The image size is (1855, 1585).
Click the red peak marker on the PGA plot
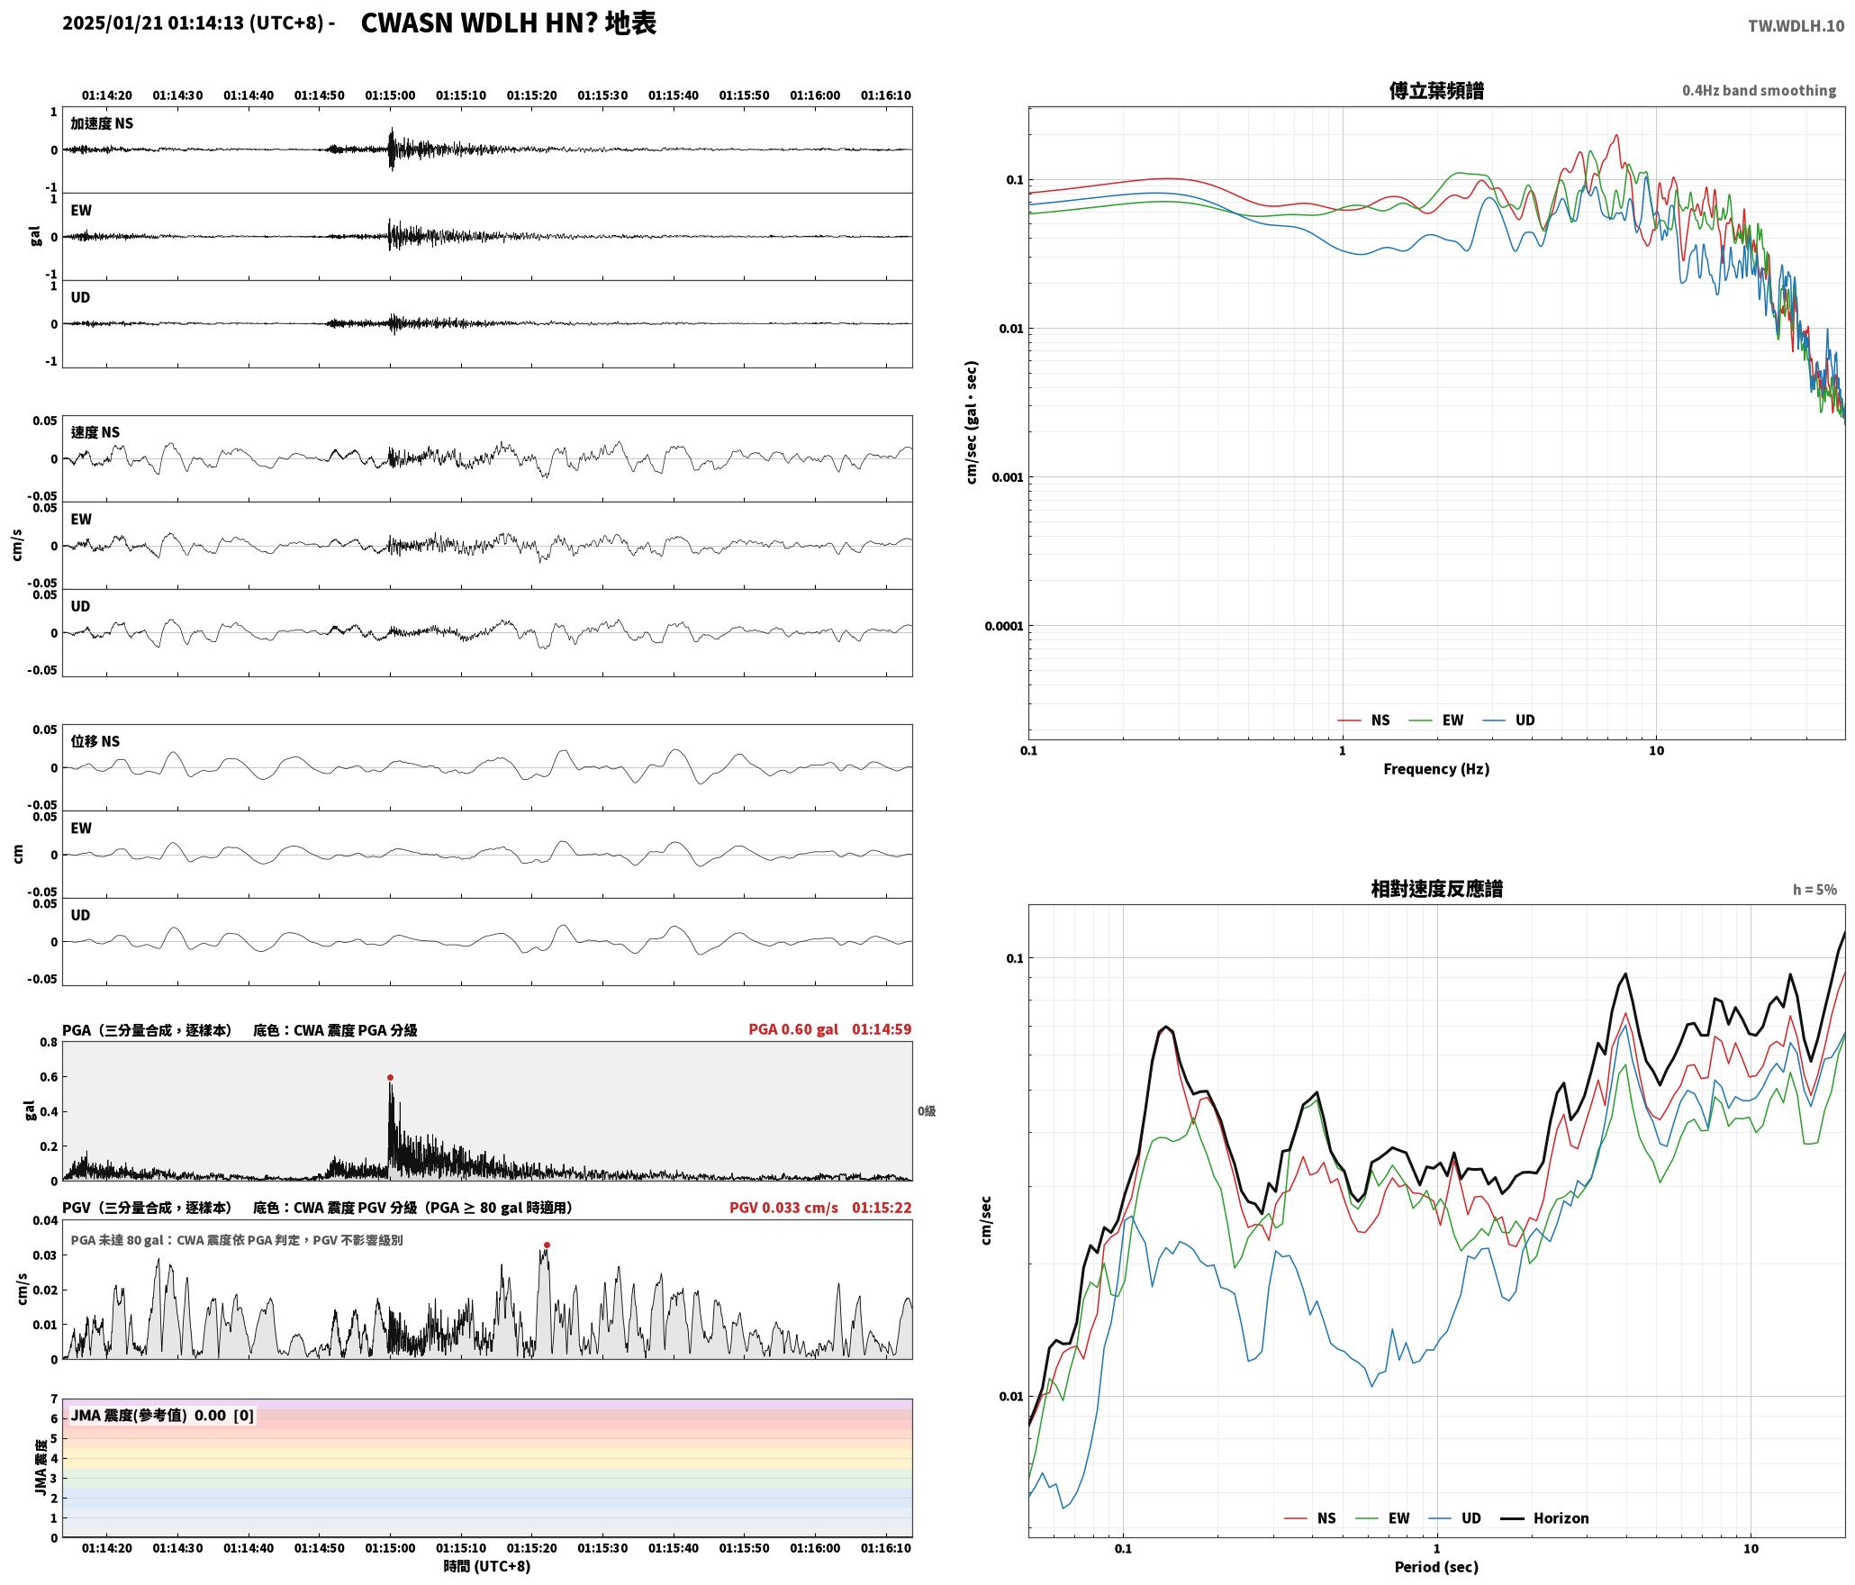[390, 1077]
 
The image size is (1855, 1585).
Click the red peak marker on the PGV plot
[547, 1245]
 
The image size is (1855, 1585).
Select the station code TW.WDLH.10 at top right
[1796, 26]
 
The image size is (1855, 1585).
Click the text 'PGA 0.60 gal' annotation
[792, 1029]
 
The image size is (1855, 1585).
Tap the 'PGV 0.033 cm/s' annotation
[783, 1208]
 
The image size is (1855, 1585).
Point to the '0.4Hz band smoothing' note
[1759, 91]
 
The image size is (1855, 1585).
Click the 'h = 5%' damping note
[1814, 890]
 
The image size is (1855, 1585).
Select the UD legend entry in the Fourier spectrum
[1509, 720]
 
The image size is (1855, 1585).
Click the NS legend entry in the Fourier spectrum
[1364, 720]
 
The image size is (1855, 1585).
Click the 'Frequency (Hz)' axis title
[1436, 769]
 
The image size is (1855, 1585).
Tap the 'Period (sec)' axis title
[1436, 1567]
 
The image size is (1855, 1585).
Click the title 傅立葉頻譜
[1436, 91]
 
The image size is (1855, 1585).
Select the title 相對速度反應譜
[1436, 889]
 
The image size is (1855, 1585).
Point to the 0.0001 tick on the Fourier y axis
[1004, 626]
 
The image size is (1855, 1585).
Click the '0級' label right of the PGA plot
[927, 1111]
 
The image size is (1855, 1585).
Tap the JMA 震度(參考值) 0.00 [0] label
[162, 1416]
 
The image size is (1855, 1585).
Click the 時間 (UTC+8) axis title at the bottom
[487, 1566]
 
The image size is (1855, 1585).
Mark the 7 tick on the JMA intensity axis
[54, 1399]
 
